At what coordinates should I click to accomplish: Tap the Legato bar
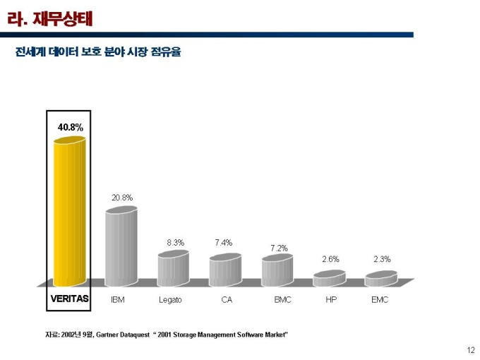(x=173, y=269)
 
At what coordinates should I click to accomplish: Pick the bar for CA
(x=224, y=270)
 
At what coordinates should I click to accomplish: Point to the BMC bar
(x=277, y=270)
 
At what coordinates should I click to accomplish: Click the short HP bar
(x=329, y=279)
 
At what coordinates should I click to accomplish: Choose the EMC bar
(x=380, y=279)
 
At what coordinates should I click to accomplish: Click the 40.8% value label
(x=71, y=128)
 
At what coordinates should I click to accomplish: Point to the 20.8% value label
(x=122, y=198)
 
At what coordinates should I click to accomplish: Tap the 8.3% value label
(x=175, y=242)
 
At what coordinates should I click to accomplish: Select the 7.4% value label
(x=223, y=242)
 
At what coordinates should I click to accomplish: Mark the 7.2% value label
(x=279, y=248)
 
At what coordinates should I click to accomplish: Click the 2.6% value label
(x=330, y=259)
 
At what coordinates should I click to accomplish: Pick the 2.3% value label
(x=382, y=259)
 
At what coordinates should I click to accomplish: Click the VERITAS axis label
(x=69, y=299)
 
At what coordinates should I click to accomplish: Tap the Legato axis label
(x=170, y=300)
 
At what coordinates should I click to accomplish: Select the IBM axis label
(x=118, y=299)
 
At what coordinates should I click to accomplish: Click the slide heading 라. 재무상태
(x=49, y=17)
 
